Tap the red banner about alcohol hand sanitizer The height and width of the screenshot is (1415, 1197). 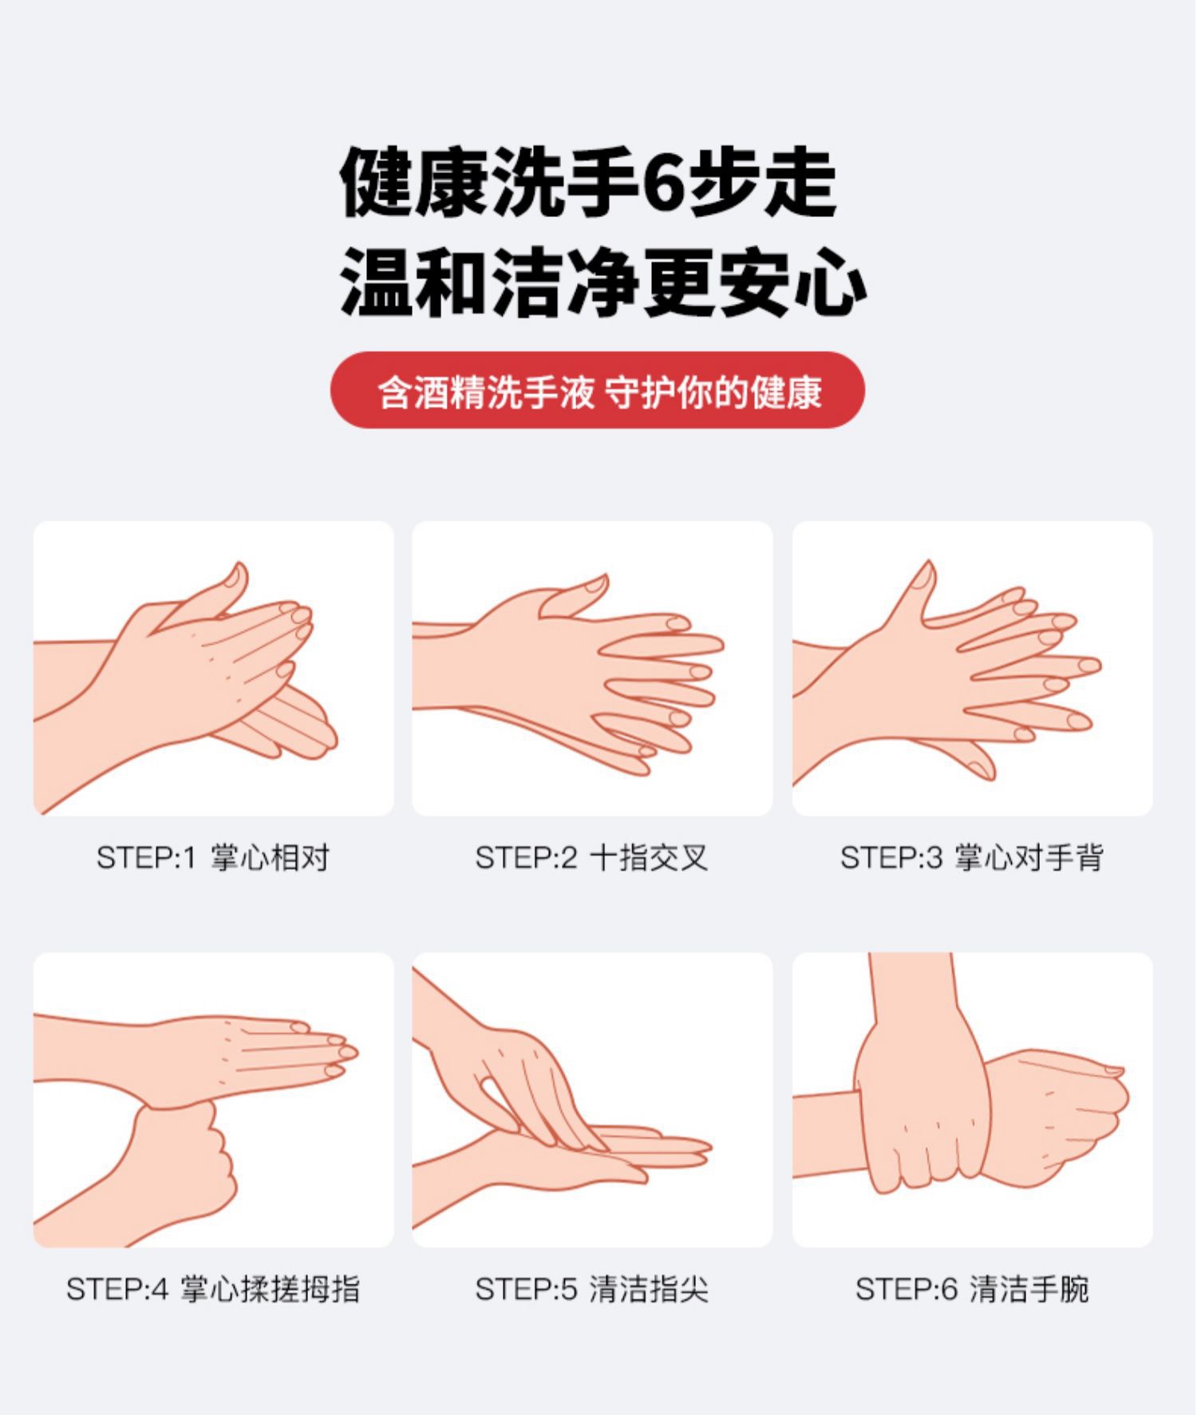coord(598,390)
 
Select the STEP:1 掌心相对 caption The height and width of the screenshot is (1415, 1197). coord(213,858)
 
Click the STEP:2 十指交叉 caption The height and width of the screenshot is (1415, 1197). coord(591,858)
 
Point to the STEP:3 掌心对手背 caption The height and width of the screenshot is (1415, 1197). coord(971,858)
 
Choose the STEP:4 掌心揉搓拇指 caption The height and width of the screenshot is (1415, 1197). coord(213,1289)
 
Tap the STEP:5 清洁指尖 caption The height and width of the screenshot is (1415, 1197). coord(591,1289)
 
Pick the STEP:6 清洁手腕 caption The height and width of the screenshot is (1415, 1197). coord(971,1289)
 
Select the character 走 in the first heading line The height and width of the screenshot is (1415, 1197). coord(800,183)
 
